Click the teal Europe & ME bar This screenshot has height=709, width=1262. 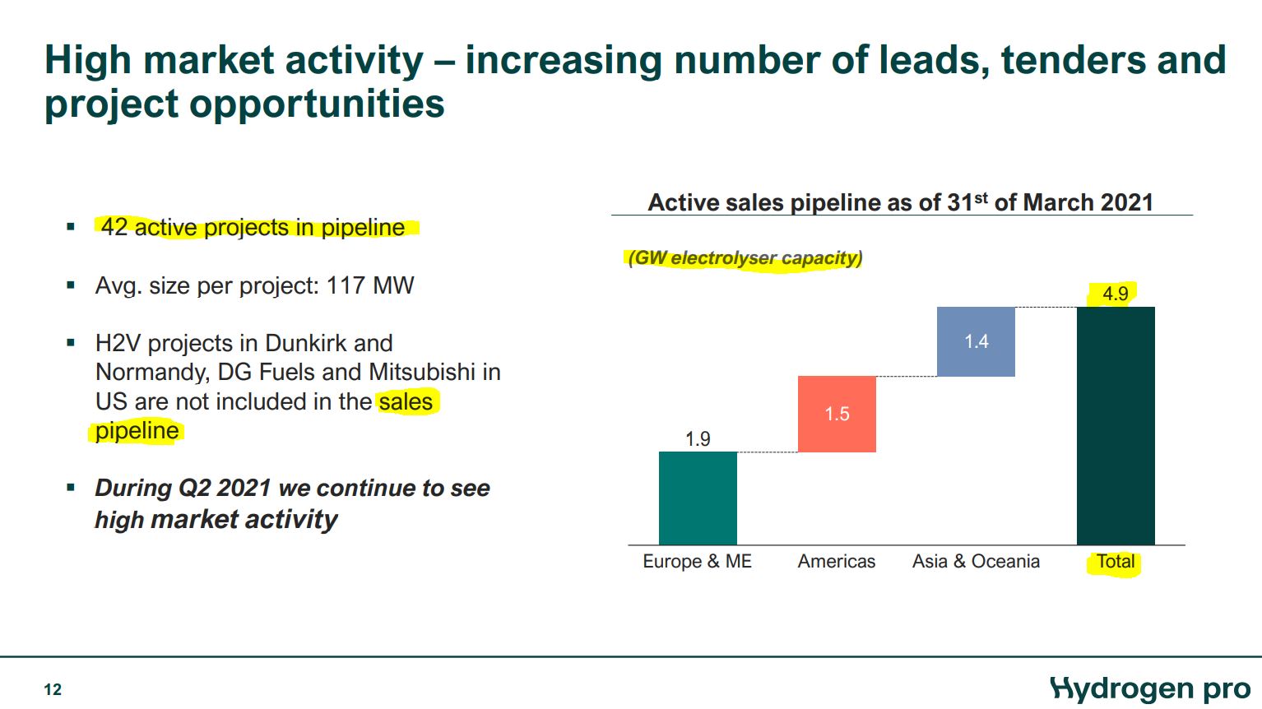[x=698, y=498]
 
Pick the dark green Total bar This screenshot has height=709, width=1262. [x=1116, y=425]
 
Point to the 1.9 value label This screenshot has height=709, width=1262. [x=698, y=439]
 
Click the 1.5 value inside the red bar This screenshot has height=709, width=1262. [x=837, y=414]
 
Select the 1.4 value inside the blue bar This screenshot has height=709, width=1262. [x=976, y=341]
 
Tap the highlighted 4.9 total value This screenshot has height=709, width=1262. [x=1115, y=294]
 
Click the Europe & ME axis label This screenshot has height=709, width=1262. [x=697, y=561]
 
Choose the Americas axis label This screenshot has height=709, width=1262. [x=836, y=561]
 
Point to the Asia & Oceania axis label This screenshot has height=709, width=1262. [x=976, y=561]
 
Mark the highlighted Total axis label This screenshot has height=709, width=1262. [x=1116, y=562]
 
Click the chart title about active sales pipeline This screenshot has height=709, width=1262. [x=900, y=202]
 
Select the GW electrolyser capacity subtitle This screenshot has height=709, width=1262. [x=745, y=258]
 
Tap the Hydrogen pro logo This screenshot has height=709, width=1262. [x=1150, y=688]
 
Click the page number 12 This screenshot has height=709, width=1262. [x=53, y=689]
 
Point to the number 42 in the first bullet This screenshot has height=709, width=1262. [x=114, y=227]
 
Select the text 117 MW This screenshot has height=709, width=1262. [x=370, y=285]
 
